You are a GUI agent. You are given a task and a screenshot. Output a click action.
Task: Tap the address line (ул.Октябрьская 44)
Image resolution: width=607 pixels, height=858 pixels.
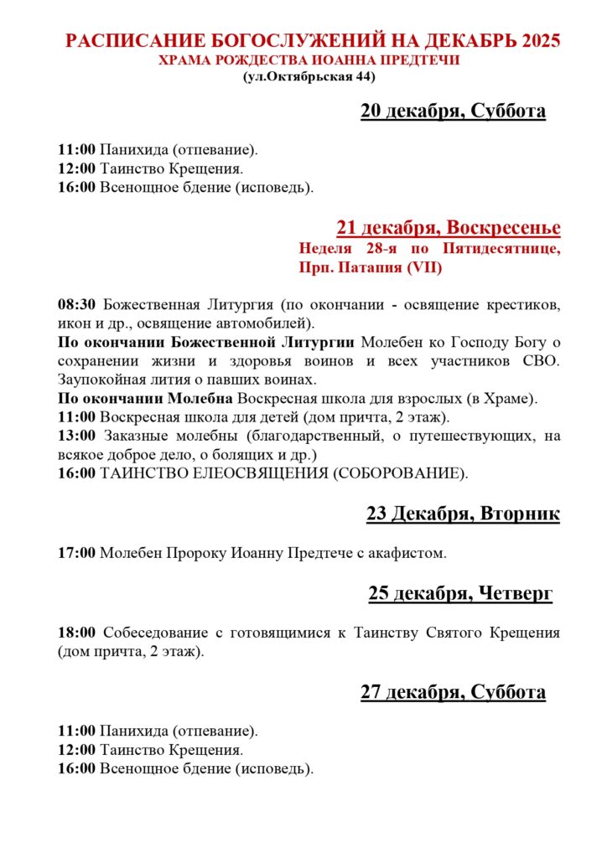[309, 77]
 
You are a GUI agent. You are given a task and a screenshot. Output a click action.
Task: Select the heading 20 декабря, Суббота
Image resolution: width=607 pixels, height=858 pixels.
[453, 111]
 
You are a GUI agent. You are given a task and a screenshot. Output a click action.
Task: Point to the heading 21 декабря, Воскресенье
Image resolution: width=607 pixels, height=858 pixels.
[449, 227]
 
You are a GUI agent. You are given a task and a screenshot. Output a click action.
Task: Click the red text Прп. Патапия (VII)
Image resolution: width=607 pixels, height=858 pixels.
[370, 268]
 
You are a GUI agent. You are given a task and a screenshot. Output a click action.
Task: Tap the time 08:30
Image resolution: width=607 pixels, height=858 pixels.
[77, 303]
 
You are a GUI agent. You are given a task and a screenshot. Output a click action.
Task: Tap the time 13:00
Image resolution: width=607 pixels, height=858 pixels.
[77, 436]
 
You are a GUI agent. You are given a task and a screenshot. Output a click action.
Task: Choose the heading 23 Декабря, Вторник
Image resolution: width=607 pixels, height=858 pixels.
[463, 514]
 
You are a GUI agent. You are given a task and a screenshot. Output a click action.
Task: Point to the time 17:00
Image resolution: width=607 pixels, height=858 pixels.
[77, 553]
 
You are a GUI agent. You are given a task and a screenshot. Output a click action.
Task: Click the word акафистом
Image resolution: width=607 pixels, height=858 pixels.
[411, 553]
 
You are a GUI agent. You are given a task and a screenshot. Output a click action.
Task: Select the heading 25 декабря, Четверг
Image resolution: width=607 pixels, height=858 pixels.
[460, 593]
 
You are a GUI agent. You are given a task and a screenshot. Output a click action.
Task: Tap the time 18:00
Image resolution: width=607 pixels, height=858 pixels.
[77, 632]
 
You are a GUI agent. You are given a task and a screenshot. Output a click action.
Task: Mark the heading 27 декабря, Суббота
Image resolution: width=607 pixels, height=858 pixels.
[453, 692]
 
